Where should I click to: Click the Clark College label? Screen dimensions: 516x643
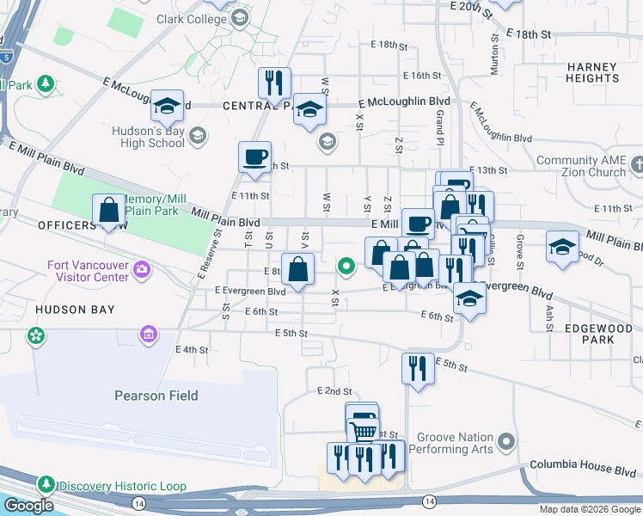190,18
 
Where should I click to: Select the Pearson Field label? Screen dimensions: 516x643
156,396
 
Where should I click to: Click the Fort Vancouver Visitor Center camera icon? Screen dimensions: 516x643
142,271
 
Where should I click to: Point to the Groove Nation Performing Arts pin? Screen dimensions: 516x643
507,443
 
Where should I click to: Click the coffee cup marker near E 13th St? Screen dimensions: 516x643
254,157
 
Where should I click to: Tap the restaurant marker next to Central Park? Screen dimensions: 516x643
274,83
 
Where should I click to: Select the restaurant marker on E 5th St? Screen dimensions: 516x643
418,368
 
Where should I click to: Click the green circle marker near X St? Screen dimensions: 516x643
346,267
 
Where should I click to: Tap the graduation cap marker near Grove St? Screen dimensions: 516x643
562,247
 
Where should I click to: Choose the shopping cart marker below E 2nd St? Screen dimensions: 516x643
363,430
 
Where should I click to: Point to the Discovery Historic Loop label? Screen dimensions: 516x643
122,486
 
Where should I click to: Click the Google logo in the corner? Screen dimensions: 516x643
28,506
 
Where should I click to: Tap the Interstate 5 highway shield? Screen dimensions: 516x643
7,58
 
